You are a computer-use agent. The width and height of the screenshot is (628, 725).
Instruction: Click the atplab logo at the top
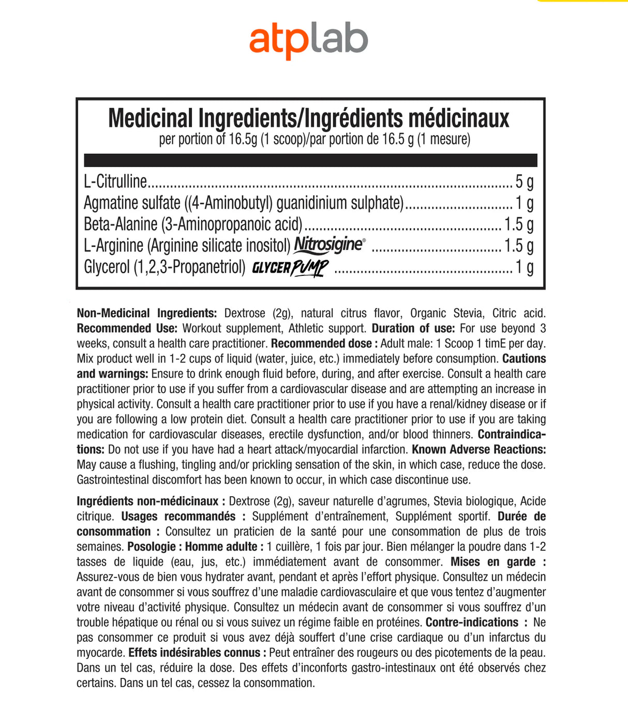pos(308,41)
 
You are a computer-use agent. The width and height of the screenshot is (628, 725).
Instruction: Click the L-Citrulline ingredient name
pos(115,182)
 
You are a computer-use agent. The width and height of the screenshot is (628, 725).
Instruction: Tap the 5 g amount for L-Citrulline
pos(524,182)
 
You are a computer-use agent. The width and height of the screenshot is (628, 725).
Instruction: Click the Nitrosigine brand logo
pos(329,244)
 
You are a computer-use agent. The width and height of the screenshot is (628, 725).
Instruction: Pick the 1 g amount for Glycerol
pos(524,267)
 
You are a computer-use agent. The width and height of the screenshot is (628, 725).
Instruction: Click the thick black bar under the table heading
pos(310,160)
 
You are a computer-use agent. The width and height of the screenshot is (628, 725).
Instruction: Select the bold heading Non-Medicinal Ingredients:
pos(147,313)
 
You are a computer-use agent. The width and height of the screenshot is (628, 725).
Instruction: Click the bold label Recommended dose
pos(321,344)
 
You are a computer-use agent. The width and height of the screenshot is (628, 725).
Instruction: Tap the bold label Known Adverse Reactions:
pos(479,449)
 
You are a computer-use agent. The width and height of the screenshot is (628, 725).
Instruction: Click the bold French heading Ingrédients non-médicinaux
pos(147,501)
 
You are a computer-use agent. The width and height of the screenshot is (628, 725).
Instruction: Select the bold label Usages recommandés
pos(178,516)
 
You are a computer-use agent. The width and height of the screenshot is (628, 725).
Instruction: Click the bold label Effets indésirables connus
pos(194,653)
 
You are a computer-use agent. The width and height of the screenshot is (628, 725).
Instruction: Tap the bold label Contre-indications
pos(472,623)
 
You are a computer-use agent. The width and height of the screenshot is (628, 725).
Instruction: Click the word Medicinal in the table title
pos(151,118)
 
